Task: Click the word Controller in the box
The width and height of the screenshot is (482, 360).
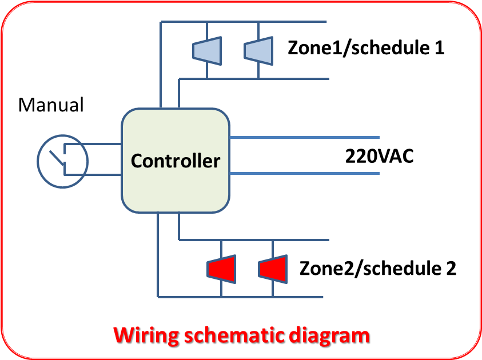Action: pyautogui.click(x=175, y=161)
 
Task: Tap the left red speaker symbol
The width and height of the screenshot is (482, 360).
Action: pyautogui.click(x=221, y=269)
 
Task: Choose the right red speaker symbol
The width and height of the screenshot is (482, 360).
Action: pyautogui.click(x=273, y=269)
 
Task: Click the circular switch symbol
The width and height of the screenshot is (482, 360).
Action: pyautogui.click(x=62, y=161)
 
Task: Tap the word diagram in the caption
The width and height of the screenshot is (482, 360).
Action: pyautogui.click(x=329, y=334)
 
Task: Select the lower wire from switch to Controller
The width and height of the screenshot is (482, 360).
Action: pyautogui.click(x=103, y=174)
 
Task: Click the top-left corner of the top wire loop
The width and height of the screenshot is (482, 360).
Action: pyautogui.click(x=161, y=22)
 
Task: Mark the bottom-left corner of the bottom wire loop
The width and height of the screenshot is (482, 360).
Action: pyautogui.click(x=158, y=297)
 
